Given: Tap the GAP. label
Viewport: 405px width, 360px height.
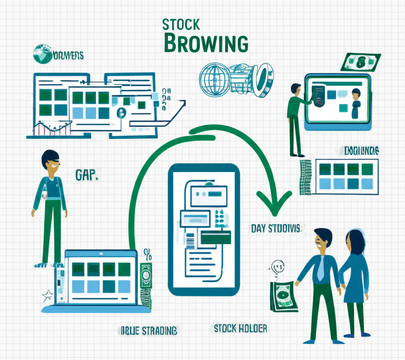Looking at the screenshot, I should point(86,174).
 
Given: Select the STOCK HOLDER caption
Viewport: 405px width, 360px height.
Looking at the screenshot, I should point(240,328).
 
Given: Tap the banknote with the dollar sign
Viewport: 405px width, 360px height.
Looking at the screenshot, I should point(360,62).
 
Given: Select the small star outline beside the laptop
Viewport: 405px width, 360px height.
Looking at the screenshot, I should point(47,295).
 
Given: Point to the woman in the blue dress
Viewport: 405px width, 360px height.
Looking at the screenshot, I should point(354,277).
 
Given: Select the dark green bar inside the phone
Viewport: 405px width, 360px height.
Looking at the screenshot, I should point(216,237).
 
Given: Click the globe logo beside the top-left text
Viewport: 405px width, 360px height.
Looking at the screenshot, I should point(42,54).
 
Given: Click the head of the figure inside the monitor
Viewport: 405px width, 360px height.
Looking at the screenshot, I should point(356,94).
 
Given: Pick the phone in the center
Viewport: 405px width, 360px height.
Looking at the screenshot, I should point(204,229).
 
